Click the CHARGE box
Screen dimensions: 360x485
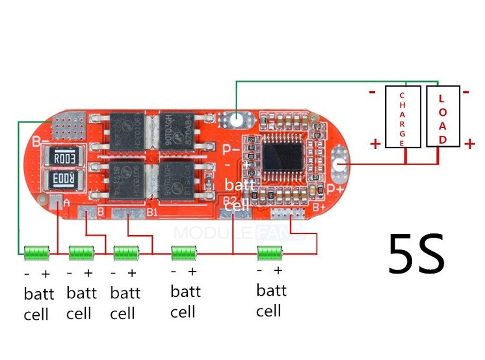[402, 117]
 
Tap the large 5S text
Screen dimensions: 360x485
[416, 253]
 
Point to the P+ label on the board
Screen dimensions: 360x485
[335, 189]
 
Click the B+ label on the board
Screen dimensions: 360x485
[319, 207]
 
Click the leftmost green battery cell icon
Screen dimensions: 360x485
[36, 252]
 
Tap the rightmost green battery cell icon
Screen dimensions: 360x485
[270, 252]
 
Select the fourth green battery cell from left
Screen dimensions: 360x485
[183, 252]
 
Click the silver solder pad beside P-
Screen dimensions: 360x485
[235, 120]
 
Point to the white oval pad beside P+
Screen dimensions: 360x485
[339, 165]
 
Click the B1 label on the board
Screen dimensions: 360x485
[152, 212]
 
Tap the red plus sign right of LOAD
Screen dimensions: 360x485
[469, 144]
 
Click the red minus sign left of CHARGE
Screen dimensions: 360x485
[373, 92]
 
